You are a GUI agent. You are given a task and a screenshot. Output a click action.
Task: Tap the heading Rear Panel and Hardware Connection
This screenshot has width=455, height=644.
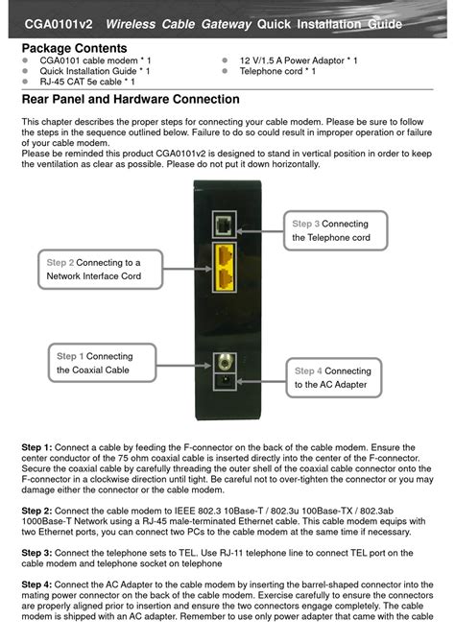click(x=131, y=99)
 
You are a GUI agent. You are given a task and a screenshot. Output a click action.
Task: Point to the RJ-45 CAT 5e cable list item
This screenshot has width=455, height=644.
click(x=87, y=83)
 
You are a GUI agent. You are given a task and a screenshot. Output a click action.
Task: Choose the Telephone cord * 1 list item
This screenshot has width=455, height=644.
click(x=277, y=71)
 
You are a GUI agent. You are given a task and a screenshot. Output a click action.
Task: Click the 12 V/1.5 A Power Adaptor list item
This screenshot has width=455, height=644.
click(x=299, y=60)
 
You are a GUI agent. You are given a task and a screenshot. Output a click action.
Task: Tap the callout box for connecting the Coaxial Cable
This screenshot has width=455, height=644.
click(x=93, y=363)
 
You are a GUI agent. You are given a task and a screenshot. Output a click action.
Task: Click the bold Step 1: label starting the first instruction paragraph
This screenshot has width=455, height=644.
click(x=36, y=448)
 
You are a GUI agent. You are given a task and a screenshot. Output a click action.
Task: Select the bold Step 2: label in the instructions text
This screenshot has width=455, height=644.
click(x=36, y=511)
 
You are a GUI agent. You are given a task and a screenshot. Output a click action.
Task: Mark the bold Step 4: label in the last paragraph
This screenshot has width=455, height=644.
click(x=36, y=584)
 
